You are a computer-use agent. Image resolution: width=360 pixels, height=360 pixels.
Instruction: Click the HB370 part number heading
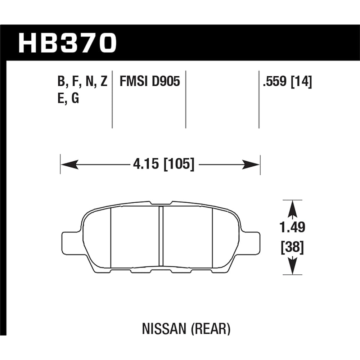[68, 43]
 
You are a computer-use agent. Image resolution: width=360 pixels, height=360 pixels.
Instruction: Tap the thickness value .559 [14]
[287, 82]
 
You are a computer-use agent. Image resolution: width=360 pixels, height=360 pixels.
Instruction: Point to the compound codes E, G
[68, 98]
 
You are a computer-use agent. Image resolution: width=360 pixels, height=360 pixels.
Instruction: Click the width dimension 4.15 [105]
[163, 165]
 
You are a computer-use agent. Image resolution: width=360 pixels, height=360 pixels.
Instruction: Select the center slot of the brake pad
[161, 238]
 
